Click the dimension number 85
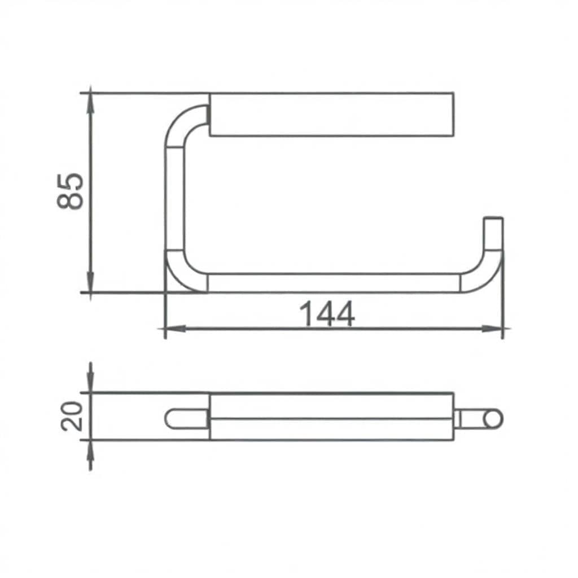pyautogui.click(x=71, y=191)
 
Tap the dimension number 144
pyautogui.click(x=327, y=314)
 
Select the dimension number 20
pyautogui.click(x=72, y=416)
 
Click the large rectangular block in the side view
pyautogui.click(x=331, y=115)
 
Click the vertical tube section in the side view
pyautogui.click(x=175, y=198)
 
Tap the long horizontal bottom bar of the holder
pyautogui.click(x=333, y=283)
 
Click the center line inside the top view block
pyautogui.click(x=331, y=419)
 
